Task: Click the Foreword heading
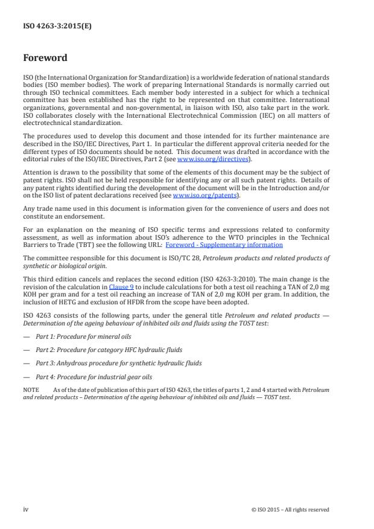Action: [45, 59]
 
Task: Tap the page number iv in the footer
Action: [26, 510]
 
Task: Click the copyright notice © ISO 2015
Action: [290, 510]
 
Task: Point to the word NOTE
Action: [31, 390]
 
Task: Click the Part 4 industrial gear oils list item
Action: [88, 376]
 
